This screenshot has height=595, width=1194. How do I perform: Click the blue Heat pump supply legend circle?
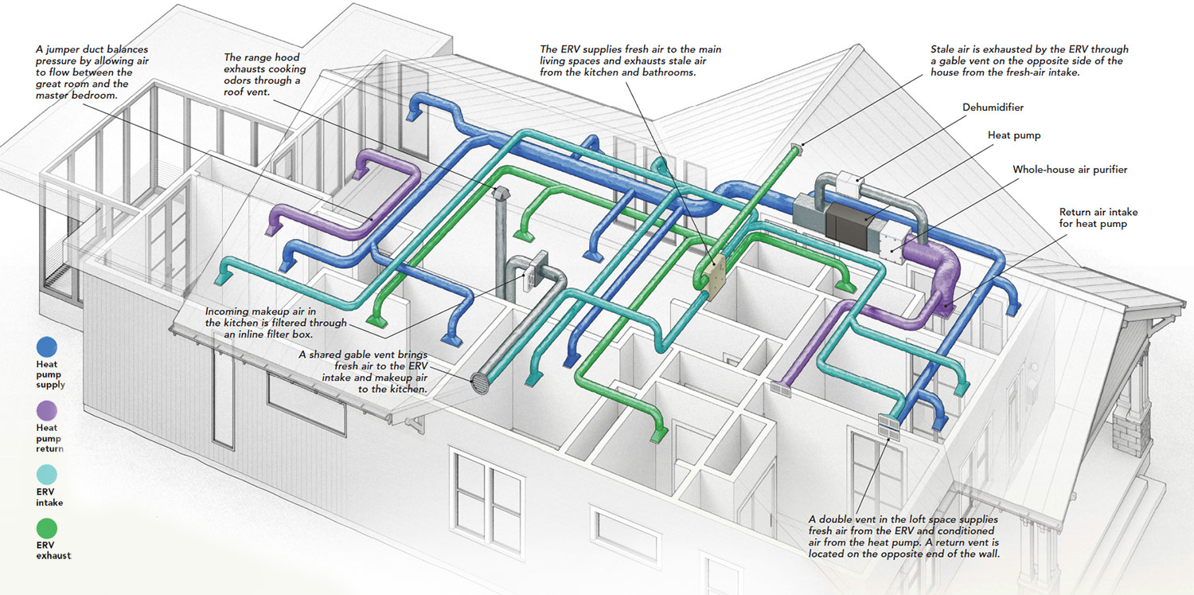coord(47,346)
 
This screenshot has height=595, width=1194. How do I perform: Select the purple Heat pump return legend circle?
coord(47,410)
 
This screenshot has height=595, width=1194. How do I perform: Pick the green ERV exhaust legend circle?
coord(47,528)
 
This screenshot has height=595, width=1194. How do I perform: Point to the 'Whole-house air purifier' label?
coord(1070,170)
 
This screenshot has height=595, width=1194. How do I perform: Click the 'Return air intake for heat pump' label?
coord(1098,217)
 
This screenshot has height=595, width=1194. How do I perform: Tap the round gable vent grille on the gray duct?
coord(480,383)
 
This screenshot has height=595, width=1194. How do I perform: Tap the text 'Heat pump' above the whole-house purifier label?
coord(1014,135)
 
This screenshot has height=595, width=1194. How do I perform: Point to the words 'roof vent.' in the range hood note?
coord(248,92)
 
